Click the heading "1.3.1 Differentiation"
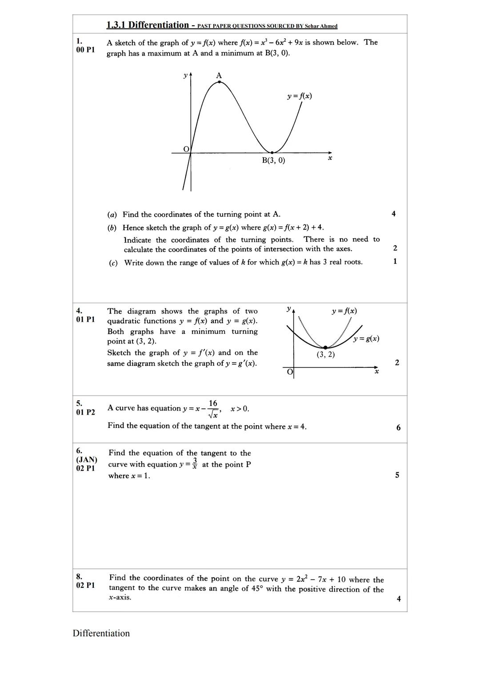coord(148,25)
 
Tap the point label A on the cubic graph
coord(219,76)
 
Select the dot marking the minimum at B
coord(272,152)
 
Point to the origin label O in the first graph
coord(186,148)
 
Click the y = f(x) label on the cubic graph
coord(299,96)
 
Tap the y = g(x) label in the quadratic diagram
coord(366,339)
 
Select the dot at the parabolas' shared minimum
coord(325,347)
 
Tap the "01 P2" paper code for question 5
coord(85,412)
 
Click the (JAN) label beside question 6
coord(87,459)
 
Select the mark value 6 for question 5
coord(398,427)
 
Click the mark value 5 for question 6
coord(397,475)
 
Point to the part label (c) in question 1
coord(113,263)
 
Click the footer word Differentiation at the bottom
coord(101,633)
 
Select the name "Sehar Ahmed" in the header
coord(321,26)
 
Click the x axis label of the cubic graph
coord(330,158)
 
